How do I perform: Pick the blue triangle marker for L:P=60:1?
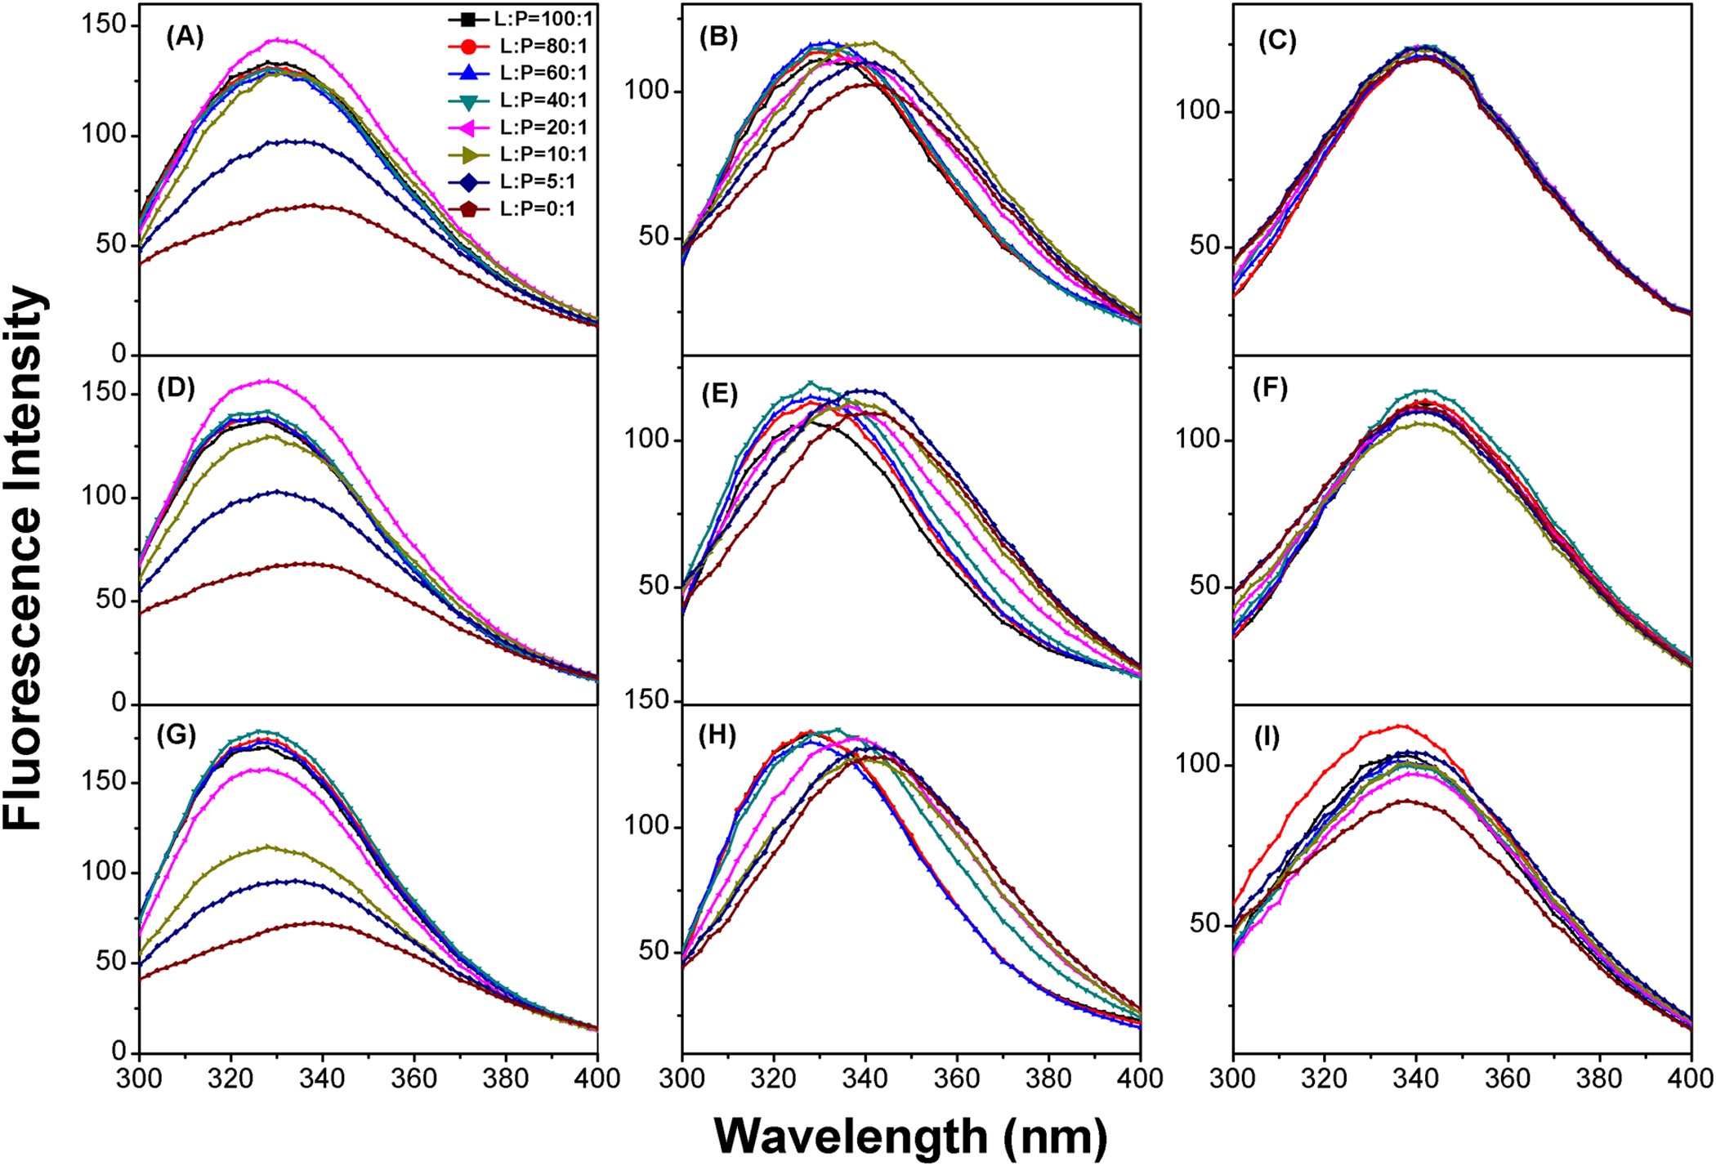(469, 73)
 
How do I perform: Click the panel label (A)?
(184, 37)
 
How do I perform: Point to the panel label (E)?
(719, 395)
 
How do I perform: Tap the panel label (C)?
(1276, 41)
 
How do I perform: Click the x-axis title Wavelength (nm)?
(910, 1136)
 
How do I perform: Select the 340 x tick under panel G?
(322, 1078)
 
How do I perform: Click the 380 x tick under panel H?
(1048, 1078)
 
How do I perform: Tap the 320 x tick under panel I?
(1324, 1078)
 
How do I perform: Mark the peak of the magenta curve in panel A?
(279, 39)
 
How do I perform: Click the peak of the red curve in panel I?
(1401, 726)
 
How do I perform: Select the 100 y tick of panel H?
(647, 825)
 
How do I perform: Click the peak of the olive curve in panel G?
(268, 847)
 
